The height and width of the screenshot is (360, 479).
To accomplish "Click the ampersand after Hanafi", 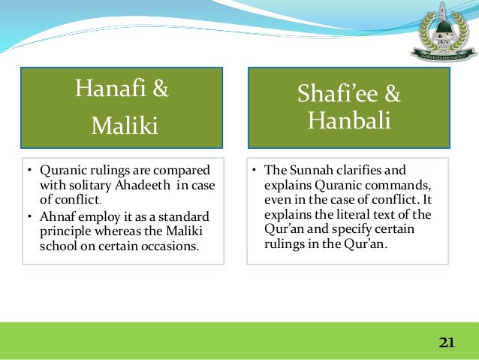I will pyautogui.click(x=160, y=90).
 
